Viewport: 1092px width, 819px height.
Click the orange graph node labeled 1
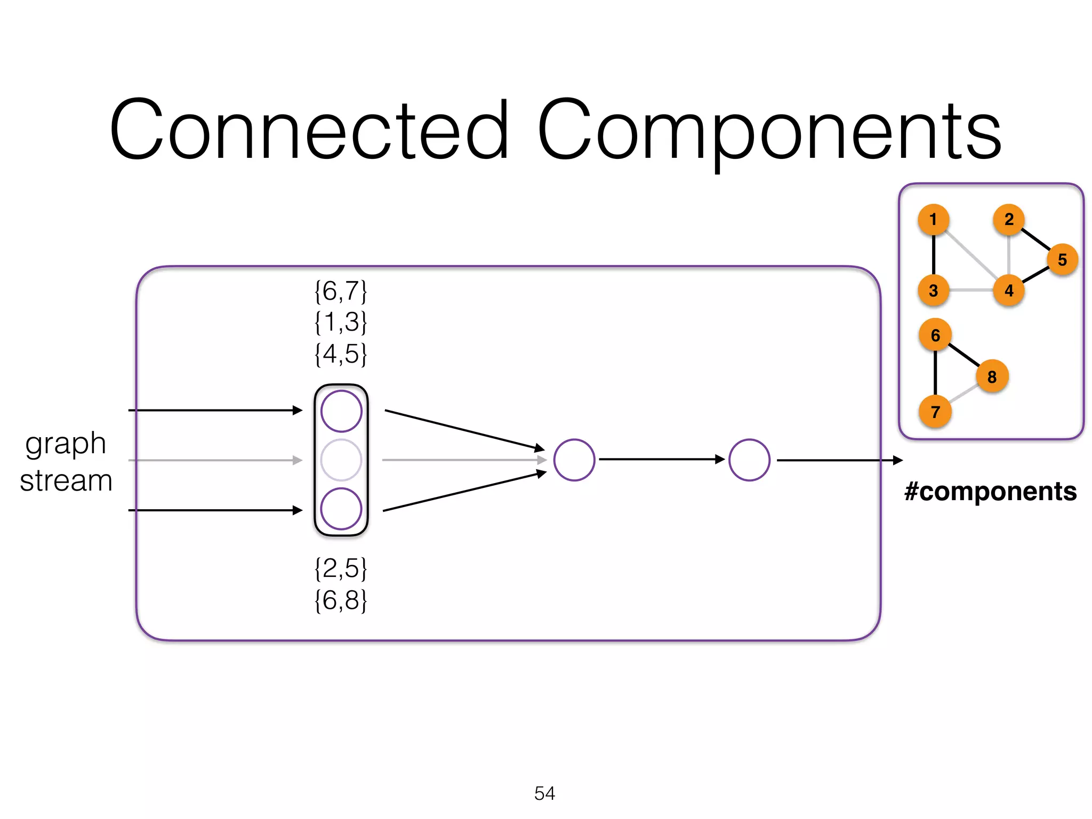tap(933, 219)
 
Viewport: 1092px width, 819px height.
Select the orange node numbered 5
tap(1062, 260)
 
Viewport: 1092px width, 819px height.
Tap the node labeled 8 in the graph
tap(992, 376)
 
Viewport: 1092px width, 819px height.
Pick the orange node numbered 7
tap(935, 412)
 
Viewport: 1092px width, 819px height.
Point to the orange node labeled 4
tap(1009, 291)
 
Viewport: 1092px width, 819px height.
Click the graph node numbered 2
tap(1009, 219)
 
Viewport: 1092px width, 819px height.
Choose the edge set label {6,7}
tap(341, 292)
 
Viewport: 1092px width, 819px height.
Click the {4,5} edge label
tap(341, 354)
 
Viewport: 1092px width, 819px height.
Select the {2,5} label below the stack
tap(341, 568)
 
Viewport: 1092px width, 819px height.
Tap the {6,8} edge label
tap(341, 600)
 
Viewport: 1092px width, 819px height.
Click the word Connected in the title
tap(309, 131)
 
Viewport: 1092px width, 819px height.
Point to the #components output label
tap(990, 492)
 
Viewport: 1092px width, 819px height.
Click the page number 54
tap(544, 793)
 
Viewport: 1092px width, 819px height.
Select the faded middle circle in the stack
tap(341, 460)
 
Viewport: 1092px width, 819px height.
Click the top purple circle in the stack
tap(341, 411)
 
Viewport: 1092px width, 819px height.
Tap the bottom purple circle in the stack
tap(341, 509)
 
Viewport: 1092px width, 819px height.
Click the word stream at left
tap(66, 481)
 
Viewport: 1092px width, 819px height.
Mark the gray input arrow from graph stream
tap(213, 460)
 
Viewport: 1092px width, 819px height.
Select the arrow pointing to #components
tap(840, 460)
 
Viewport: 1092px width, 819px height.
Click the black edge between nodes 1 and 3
tap(934, 255)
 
